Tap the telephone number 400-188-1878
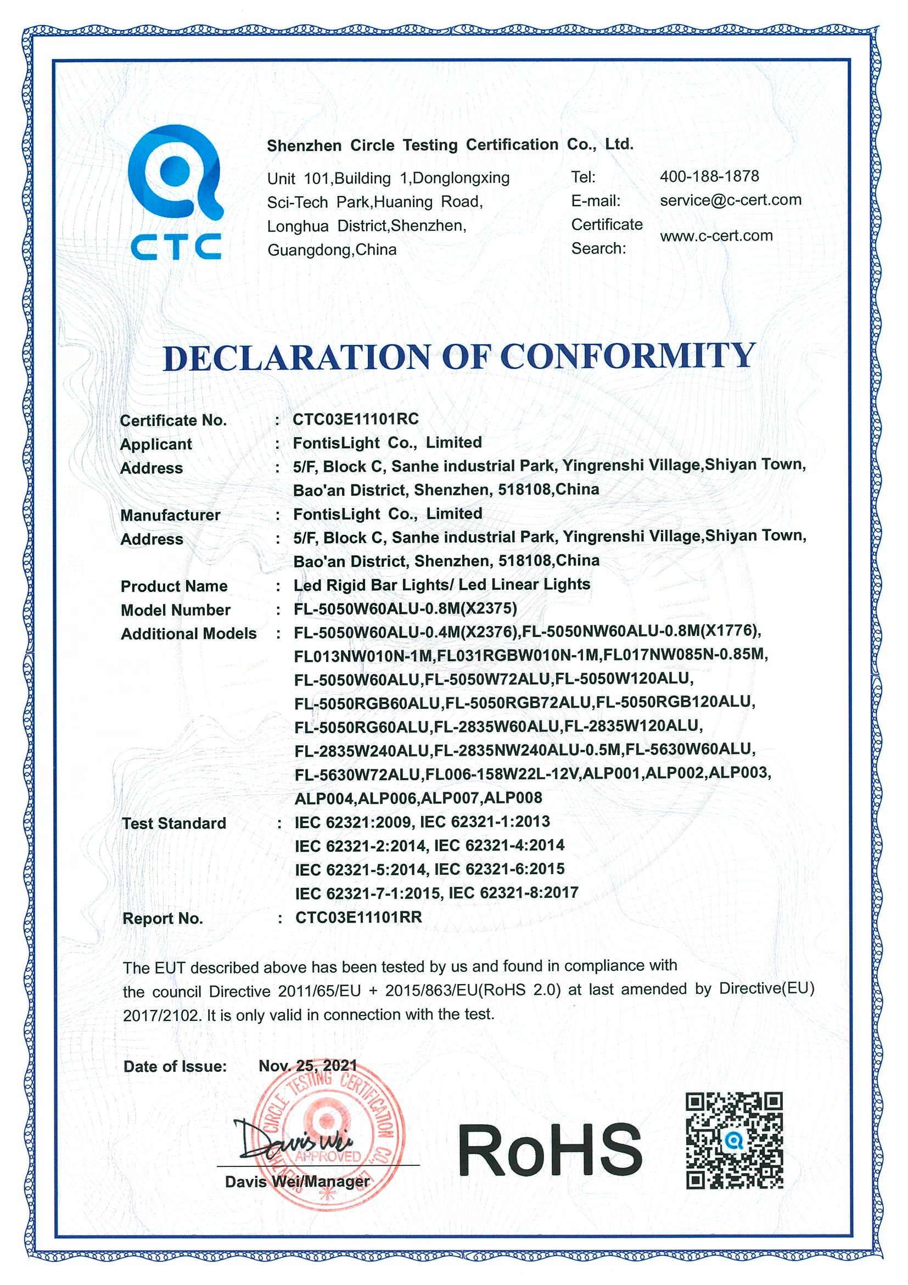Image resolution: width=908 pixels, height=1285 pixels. tap(709, 177)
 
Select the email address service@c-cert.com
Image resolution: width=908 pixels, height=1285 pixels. tap(730, 200)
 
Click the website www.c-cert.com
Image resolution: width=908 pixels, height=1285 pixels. tap(716, 236)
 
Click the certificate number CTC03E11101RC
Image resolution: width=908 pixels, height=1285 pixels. tap(355, 419)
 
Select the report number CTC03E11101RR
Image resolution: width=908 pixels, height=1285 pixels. tap(358, 917)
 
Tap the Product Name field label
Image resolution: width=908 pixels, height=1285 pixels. tap(174, 586)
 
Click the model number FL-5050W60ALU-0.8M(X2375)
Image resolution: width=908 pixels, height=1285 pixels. tap(405, 608)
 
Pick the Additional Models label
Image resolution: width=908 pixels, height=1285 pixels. tap(188, 634)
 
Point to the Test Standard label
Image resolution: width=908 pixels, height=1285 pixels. tap(174, 823)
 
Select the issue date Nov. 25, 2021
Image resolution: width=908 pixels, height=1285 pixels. tap(307, 1065)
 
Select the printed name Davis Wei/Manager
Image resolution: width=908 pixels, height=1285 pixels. tap(297, 1181)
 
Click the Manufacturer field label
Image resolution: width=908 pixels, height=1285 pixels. tap(170, 515)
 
